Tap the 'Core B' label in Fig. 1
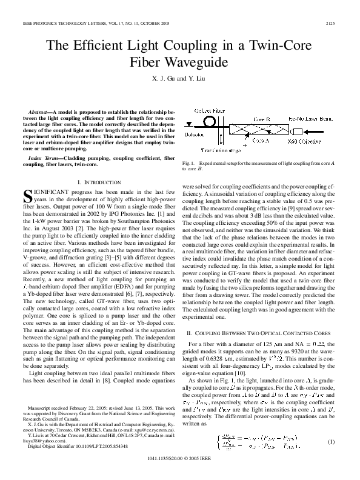tap(262, 119)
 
